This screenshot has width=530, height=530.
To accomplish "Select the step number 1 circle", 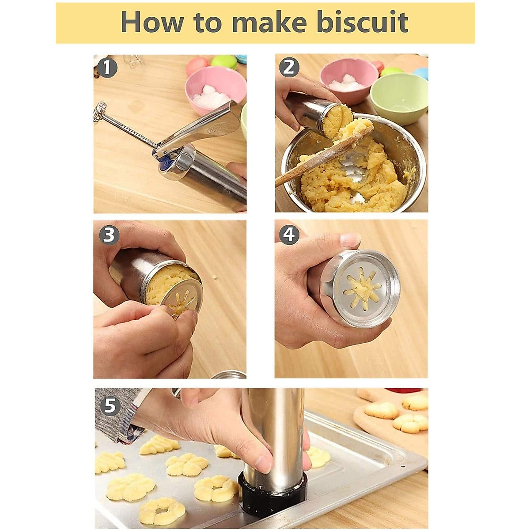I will click(x=107, y=68).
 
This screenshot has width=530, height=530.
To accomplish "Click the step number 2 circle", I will click(x=289, y=68).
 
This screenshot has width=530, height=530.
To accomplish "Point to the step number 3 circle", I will click(x=109, y=235).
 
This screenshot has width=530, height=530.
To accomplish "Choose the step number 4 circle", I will click(x=289, y=235).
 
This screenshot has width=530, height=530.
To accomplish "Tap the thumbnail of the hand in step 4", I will click(x=351, y=240).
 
